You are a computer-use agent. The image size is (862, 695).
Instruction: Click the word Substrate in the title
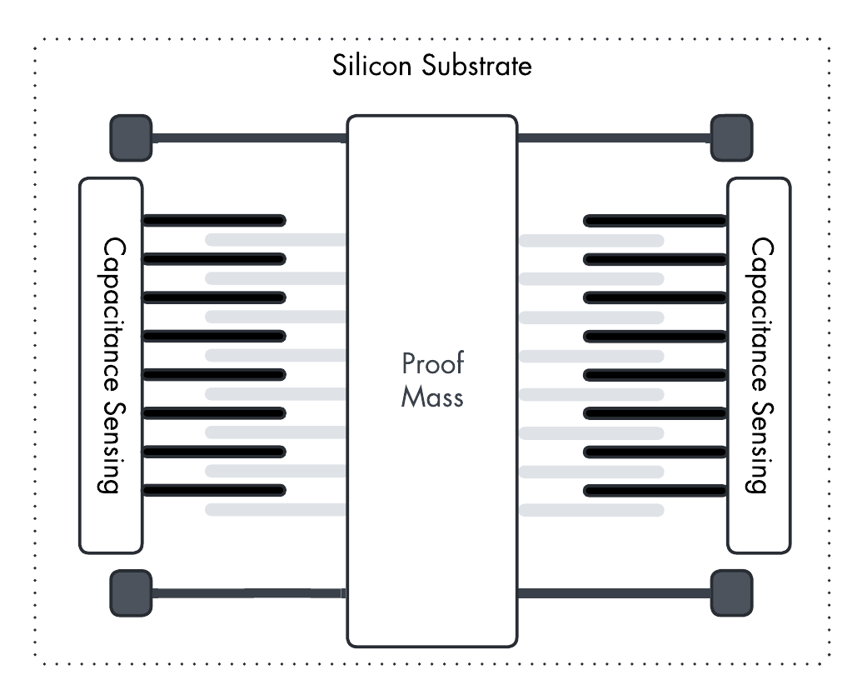[x=476, y=66]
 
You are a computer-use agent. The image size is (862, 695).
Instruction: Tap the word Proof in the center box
[x=432, y=365]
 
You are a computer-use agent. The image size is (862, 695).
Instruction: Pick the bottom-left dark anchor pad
[x=131, y=592]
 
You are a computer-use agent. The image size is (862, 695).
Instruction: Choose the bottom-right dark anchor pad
[x=731, y=592]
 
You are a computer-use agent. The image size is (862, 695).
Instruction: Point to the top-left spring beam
[x=249, y=137]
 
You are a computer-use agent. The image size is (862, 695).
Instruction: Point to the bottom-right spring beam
[x=614, y=593]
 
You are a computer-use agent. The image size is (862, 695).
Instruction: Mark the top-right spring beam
[x=614, y=137]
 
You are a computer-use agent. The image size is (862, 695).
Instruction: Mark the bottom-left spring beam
[x=249, y=593]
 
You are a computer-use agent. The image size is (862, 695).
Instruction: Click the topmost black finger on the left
[x=214, y=221]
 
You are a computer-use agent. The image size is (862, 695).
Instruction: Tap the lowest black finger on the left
[x=214, y=489]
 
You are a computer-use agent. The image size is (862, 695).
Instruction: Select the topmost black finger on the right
[x=655, y=221]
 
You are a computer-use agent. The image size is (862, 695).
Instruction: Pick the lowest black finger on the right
[x=655, y=489]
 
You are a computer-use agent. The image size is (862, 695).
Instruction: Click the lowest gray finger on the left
[x=276, y=509]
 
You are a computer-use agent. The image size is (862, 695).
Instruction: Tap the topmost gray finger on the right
[x=590, y=240]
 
